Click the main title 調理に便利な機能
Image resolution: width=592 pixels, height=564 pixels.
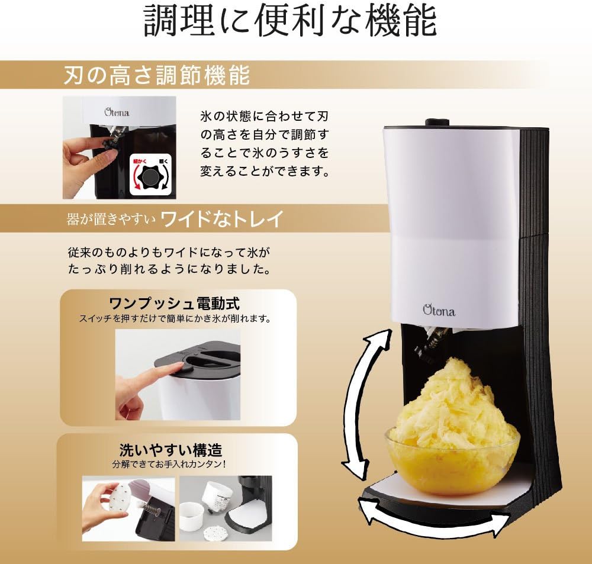point(290,22)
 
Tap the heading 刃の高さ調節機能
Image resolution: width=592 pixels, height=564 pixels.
point(156,76)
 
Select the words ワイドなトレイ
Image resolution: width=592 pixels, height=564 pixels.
point(223,219)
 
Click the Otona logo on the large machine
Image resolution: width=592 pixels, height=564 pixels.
point(439,310)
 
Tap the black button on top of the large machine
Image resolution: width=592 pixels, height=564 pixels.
point(436,123)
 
